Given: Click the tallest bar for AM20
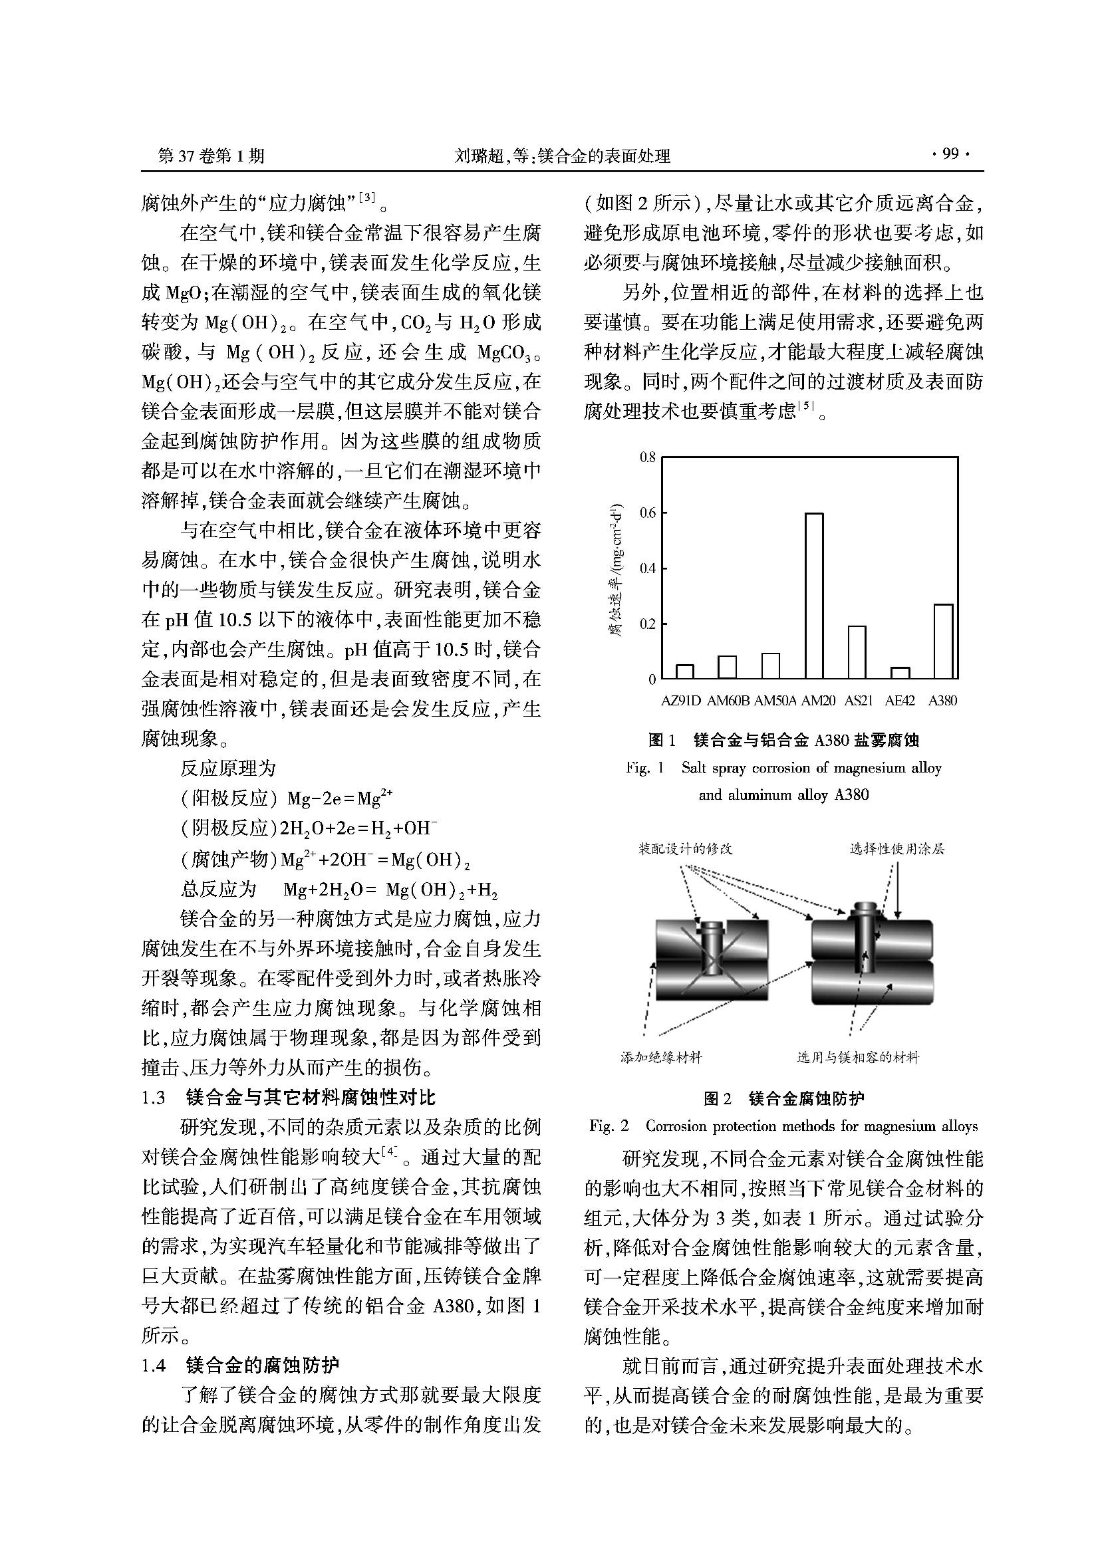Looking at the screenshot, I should click(x=814, y=596).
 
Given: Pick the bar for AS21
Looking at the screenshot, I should click(x=857, y=652).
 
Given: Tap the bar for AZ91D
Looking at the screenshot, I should click(x=685, y=671).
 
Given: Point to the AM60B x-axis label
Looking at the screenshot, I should click(x=728, y=701).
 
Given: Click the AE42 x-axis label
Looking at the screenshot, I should click(x=900, y=701).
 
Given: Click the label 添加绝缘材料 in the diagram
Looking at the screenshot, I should click(x=661, y=1057).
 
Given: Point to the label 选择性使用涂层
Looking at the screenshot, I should click(x=896, y=848).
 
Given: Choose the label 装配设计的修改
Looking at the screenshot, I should click(x=686, y=848).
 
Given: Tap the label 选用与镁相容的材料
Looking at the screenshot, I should click(x=857, y=1057).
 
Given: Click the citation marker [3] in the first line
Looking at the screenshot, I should click(x=366, y=197).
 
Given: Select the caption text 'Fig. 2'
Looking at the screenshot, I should click(x=609, y=1126).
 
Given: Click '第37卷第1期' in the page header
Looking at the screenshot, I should click(x=211, y=156).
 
